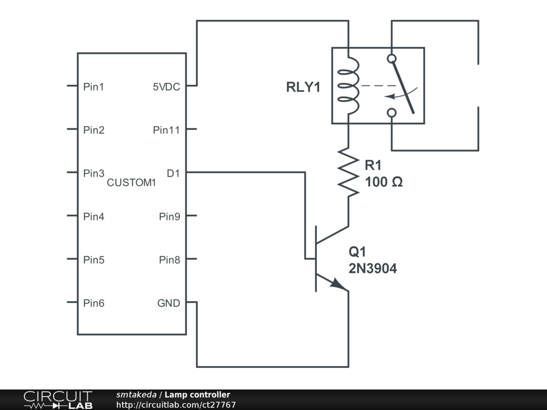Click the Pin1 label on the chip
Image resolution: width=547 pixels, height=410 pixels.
pos(93,86)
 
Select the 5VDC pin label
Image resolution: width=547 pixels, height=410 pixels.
pos(166,86)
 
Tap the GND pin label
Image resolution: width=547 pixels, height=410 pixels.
pos(168,303)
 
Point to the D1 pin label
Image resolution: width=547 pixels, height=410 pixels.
pos(173,173)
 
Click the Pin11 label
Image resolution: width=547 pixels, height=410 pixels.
pos(166,130)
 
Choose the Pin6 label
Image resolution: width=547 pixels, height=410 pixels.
pos(93,303)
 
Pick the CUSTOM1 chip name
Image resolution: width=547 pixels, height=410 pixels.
pos(131,183)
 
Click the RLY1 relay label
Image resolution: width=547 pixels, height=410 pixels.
pos(303,88)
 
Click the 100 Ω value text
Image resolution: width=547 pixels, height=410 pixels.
pos(384,182)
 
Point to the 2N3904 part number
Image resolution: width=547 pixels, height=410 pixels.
pos(373,269)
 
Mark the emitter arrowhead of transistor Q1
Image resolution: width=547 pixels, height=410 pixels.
pos(339,285)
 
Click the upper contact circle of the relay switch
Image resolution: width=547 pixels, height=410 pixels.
pos(392,58)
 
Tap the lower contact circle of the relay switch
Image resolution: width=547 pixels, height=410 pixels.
pos(392,112)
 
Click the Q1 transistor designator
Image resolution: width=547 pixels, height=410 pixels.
pos(357,252)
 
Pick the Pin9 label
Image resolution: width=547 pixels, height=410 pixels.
pos(169,217)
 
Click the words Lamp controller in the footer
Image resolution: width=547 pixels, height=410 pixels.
pos(197,395)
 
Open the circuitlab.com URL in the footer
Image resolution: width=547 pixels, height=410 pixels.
pos(176,405)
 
